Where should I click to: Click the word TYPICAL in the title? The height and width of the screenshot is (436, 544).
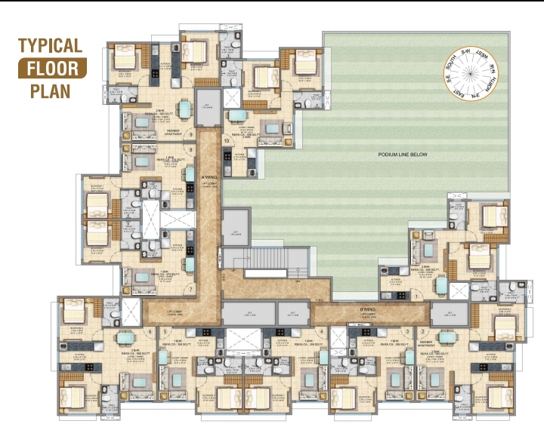coord(50,45)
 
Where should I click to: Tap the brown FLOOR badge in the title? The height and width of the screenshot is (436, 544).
coord(52,69)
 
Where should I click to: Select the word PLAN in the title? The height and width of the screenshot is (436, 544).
coord(51,91)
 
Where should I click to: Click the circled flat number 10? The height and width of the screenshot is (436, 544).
coord(226,141)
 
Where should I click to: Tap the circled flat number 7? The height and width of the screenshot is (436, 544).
coord(191,289)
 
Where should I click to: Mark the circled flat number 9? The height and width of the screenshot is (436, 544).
coord(191,135)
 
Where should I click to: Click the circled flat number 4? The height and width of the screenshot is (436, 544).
coord(323,331)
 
